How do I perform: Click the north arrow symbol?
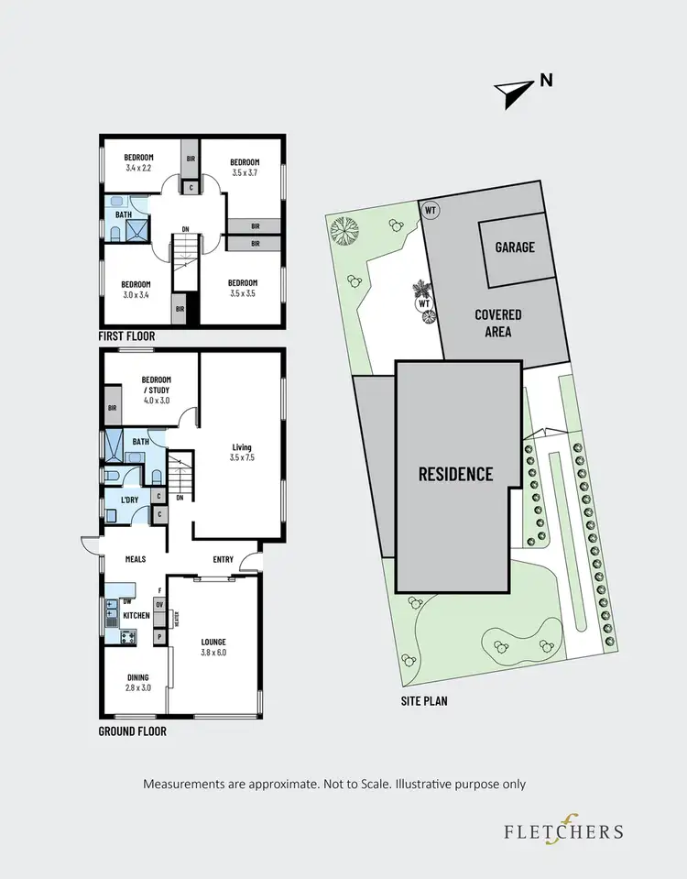pyautogui.click(x=515, y=89)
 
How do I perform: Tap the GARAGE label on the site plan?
pyautogui.click(x=514, y=247)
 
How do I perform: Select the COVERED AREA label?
pyautogui.click(x=497, y=323)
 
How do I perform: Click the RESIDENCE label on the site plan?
pyautogui.click(x=455, y=474)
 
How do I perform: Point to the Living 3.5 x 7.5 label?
pyautogui.click(x=242, y=454)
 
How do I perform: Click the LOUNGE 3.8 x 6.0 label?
pyautogui.click(x=213, y=648)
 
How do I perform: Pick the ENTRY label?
pyautogui.click(x=224, y=560)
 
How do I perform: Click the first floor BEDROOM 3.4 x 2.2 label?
pyautogui.click(x=139, y=162)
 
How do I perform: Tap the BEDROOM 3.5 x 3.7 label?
pyautogui.click(x=245, y=168)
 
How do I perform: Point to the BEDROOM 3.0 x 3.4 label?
pyautogui.click(x=139, y=288)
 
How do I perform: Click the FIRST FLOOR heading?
pyautogui.click(x=126, y=336)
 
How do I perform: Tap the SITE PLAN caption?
pyautogui.click(x=423, y=701)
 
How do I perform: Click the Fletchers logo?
pyautogui.click(x=562, y=830)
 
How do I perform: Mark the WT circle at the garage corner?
pyautogui.click(x=431, y=209)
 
